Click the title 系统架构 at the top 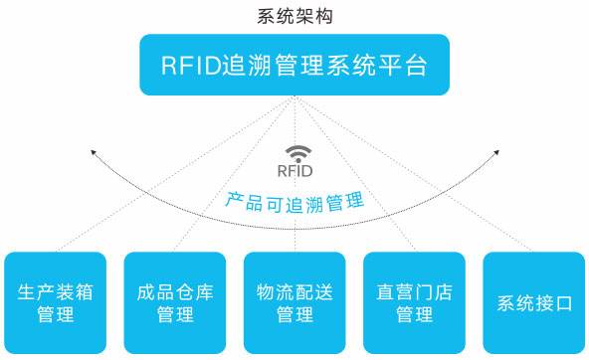294,16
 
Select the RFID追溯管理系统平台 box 294,65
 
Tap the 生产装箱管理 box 56,302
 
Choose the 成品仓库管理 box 175,302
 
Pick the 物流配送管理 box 294,302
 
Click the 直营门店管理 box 414,302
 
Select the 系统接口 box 534,302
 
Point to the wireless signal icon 298,154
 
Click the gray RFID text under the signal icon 294,171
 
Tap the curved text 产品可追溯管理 294,203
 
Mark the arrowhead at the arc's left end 94,152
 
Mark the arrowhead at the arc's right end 496,152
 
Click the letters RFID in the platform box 191,66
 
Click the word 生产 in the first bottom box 36,292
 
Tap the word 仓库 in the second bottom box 195,292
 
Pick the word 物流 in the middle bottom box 276,292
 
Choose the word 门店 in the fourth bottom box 434,292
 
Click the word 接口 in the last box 553,303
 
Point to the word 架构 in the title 314,16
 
